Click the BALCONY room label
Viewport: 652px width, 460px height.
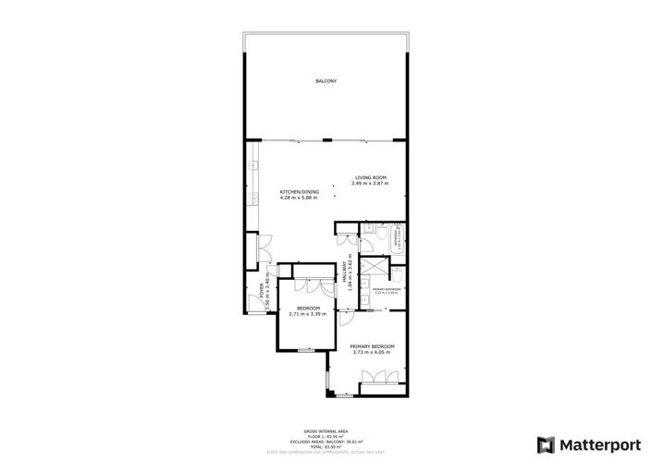click(x=326, y=81)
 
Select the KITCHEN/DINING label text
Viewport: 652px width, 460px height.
click(x=299, y=191)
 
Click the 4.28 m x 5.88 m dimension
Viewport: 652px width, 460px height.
click(x=299, y=198)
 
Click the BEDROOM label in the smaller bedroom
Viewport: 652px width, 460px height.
click(x=308, y=308)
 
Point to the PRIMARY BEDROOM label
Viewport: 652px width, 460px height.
click(x=372, y=346)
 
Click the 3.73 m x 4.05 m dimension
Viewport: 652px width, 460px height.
click(x=372, y=353)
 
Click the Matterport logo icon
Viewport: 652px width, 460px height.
click(x=547, y=443)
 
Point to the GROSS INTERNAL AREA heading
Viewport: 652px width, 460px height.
click(x=326, y=430)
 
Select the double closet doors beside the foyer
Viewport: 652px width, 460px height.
click(x=264, y=248)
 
